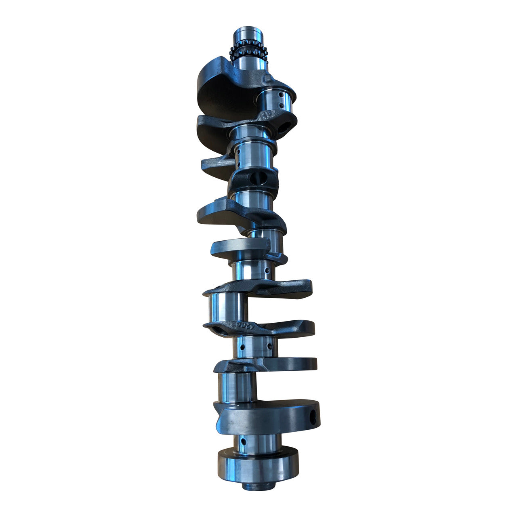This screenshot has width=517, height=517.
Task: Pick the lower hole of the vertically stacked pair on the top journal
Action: pyautogui.click(x=282, y=106)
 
